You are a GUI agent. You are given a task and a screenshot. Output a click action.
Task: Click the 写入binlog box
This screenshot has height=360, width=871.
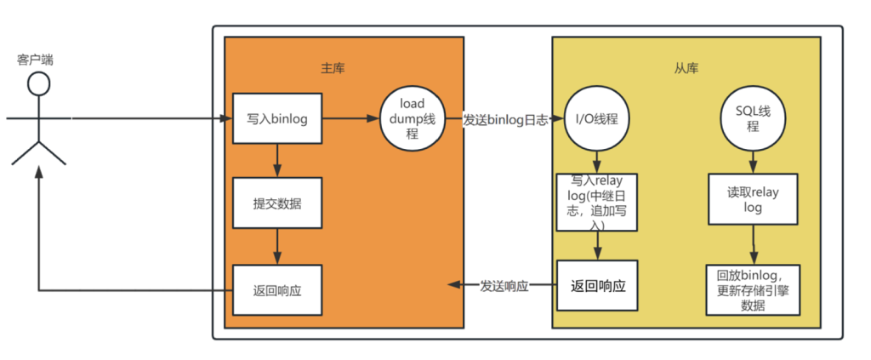click(276, 119)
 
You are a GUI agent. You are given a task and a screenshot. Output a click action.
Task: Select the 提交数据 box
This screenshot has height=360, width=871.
click(276, 203)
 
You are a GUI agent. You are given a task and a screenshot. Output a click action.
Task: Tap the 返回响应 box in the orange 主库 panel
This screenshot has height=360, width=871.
click(276, 289)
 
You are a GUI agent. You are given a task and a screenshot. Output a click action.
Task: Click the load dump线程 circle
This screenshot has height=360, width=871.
click(412, 119)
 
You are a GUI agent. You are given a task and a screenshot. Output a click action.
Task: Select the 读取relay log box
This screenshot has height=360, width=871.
click(752, 200)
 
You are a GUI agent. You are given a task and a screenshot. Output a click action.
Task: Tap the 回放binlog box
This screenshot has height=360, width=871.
click(752, 289)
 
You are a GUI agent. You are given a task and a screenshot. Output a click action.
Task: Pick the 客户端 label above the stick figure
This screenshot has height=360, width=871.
click(35, 60)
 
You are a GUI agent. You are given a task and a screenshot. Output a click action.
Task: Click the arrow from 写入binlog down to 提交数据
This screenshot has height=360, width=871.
click(276, 159)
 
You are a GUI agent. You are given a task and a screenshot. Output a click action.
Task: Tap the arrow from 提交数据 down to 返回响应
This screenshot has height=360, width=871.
click(276, 246)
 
